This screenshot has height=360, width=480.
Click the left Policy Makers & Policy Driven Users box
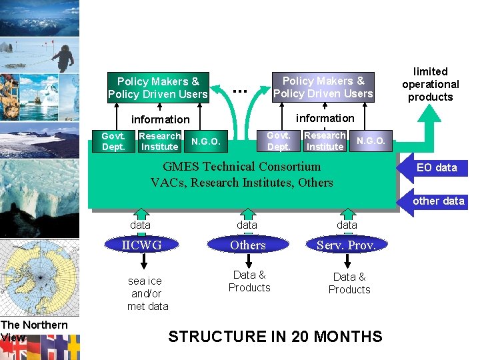click(158, 87)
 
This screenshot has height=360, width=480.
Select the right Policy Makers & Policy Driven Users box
click(323, 87)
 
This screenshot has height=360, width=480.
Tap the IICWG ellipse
click(141, 245)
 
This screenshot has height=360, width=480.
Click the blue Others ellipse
click(248, 245)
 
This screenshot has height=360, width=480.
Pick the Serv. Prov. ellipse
click(347, 245)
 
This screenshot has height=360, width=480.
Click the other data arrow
click(436, 201)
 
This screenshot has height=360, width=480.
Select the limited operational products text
click(431, 84)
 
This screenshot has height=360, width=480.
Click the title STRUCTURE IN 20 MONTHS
click(275, 337)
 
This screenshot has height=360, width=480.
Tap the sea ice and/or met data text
click(147, 293)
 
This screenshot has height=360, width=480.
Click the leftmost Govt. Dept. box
click(113, 141)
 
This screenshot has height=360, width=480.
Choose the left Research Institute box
click(159, 141)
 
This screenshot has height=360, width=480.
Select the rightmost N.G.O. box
click(371, 141)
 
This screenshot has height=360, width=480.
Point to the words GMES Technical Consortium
click(242, 167)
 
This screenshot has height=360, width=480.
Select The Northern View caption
click(33, 331)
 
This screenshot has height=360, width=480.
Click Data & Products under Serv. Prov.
click(349, 283)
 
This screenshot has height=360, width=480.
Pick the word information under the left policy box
click(160, 119)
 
